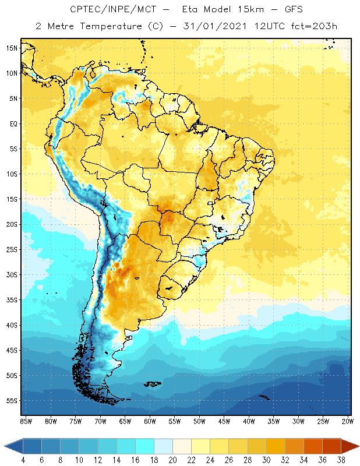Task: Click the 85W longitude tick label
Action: [x=26, y=421]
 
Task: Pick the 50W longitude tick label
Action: [x=200, y=421]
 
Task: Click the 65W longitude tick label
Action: [x=125, y=421]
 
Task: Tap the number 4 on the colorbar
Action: [x=23, y=459]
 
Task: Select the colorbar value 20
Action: [x=173, y=459]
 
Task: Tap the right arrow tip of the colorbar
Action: [x=358, y=446]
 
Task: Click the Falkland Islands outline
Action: [x=153, y=383]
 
